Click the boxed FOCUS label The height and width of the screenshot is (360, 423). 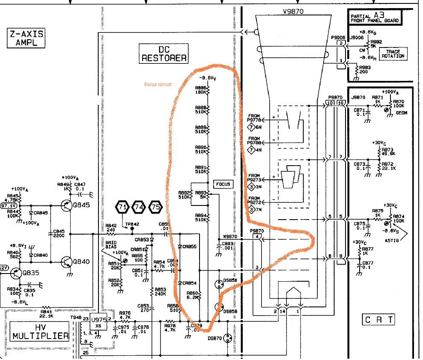(223, 184)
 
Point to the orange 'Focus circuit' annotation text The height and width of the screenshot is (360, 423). (158, 85)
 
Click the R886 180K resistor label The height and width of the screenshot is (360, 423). (200, 89)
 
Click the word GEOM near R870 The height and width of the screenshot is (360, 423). (401, 113)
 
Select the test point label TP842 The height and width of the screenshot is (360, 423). (132, 224)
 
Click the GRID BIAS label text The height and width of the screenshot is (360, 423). (112, 245)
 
